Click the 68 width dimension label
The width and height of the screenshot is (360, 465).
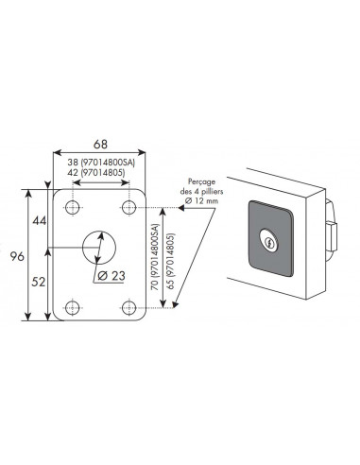click(x=100, y=144)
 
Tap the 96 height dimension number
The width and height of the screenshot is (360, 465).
click(x=17, y=256)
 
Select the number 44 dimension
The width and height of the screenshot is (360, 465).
click(x=40, y=221)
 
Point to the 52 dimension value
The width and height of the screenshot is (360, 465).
click(x=39, y=282)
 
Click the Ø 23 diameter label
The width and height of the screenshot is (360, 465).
click(x=111, y=276)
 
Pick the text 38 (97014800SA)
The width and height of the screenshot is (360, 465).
click(x=101, y=163)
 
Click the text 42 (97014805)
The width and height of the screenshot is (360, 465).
click(x=96, y=173)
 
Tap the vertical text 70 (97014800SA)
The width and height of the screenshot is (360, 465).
click(x=156, y=257)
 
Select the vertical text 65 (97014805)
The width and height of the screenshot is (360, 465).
click(x=171, y=261)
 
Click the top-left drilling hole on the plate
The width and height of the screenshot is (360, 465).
click(x=73, y=207)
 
